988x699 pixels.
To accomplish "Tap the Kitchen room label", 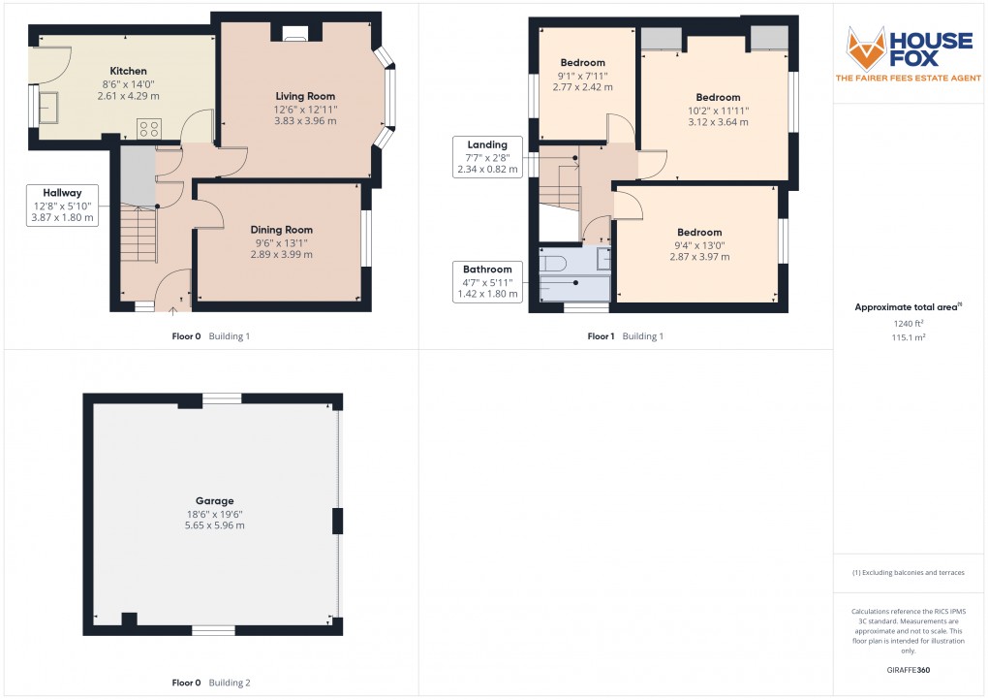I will tap(128, 71).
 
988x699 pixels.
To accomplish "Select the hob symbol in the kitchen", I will tap(150, 127).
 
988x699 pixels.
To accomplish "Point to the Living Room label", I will tap(305, 96).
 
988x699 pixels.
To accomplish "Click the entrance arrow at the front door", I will tap(173, 310).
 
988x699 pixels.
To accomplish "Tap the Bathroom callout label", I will tap(486, 269).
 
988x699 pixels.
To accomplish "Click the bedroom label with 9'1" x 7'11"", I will tap(582, 63).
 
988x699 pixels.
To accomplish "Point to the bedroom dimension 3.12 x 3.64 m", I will tap(718, 122).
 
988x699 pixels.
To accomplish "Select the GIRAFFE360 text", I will tap(910, 670).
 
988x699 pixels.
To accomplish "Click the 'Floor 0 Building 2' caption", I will tap(211, 683).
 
